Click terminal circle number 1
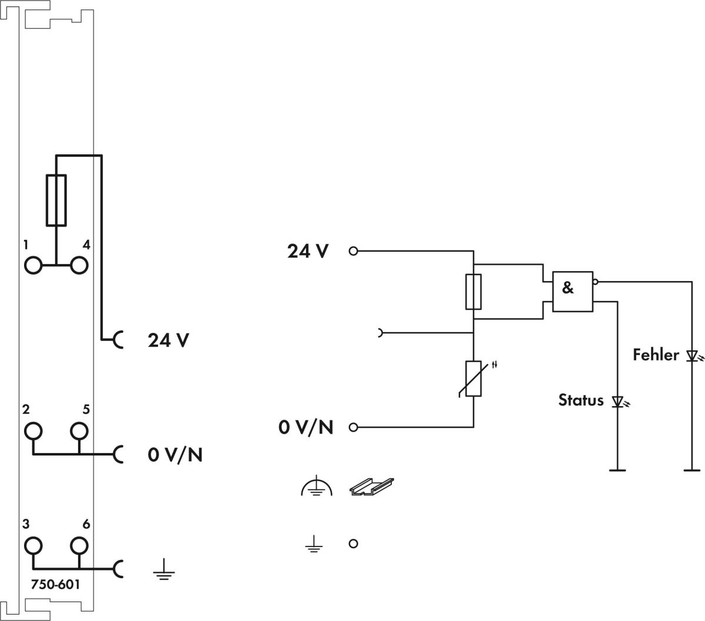click(x=33, y=265)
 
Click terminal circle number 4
click(x=79, y=265)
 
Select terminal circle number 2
click(x=33, y=431)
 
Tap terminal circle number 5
click(x=79, y=431)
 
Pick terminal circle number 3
click(x=33, y=546)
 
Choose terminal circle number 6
click(x=79, y=546)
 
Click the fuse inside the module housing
click(x=56, y=200)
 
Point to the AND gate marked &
click(x=572, y=291)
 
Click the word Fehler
click(x=656, y=355)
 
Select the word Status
click(x=580, y=400)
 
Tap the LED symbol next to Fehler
click(x=691, y=356)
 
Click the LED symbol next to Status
click(x=617, y=401)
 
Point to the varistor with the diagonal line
click(x=474, y=379)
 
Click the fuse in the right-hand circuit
click(x=474, y=291)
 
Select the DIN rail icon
click(x=371, y=487)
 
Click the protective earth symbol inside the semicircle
click(x=316, y=487)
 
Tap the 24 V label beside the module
click(x=169, y=340)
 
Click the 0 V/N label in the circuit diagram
click(x=305, y=427)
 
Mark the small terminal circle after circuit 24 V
click(x=353, y=251)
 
